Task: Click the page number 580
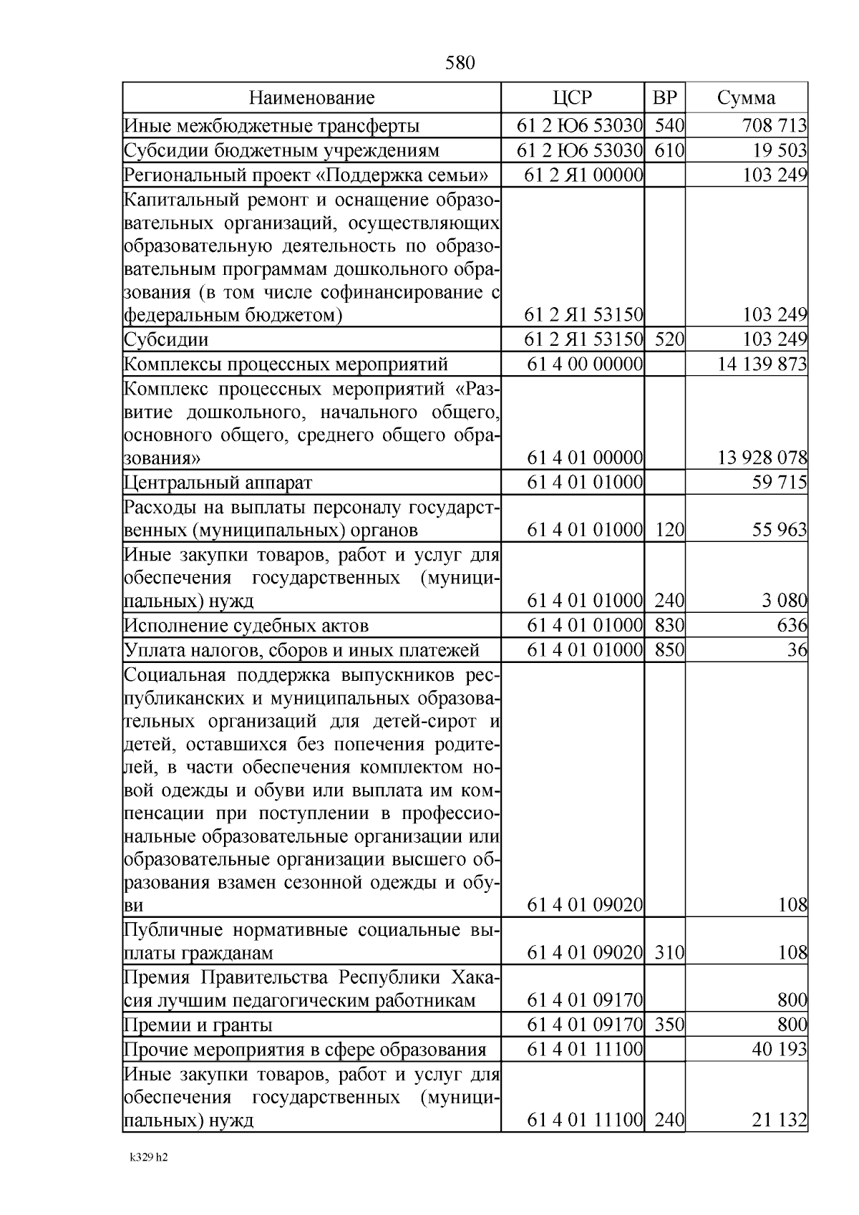tap(460, 63)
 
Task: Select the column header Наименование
tap(311, 98)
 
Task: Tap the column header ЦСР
tap(572, 98)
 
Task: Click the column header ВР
tap(664, 98)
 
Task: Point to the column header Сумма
tap(746, 98)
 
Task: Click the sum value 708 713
tap(775, 126)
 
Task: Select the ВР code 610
tap(669, 150)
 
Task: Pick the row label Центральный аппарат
tap(218, 483)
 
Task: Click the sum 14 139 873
tap(762, 364)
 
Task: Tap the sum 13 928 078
tap(762, 458)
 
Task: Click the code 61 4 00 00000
tap(584, 364)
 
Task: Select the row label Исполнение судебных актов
tap(246, 626)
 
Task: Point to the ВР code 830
tap(669, 626)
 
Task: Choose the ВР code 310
tap(669, 953)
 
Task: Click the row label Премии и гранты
tap(198, 1025)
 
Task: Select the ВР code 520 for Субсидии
tap(669, 339)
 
